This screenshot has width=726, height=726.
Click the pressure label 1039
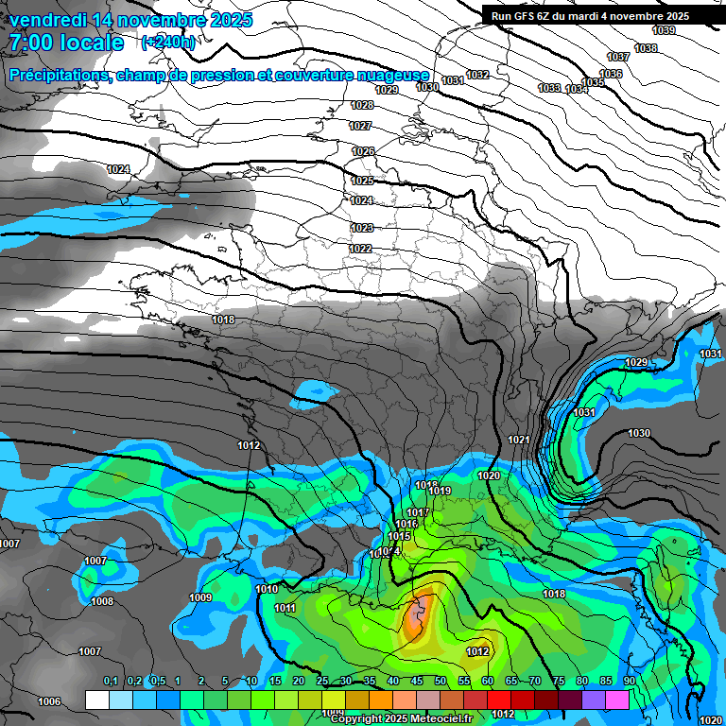pos(665,31)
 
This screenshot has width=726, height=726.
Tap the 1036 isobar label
pos(612,74)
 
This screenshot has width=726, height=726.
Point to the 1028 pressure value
pos(361,105)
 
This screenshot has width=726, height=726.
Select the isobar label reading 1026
pos(363,151)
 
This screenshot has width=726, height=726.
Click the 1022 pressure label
pos(359,249)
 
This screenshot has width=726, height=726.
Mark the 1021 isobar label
pos(518,440)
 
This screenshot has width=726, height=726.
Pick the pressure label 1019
pos(440,491)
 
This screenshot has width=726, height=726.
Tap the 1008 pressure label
pos(102,601)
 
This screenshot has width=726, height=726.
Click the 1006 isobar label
pos(49,701)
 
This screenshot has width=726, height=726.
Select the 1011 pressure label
pos(285,608)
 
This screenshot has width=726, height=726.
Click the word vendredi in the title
pos(48,20)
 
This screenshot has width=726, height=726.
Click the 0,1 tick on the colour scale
pos(111,681)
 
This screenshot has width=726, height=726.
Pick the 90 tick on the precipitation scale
pos(629,681)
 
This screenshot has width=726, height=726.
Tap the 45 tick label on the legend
pos(417,681)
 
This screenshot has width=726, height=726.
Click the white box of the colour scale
pos(97,700)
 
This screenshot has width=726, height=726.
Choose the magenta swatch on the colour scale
pos(617,700)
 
